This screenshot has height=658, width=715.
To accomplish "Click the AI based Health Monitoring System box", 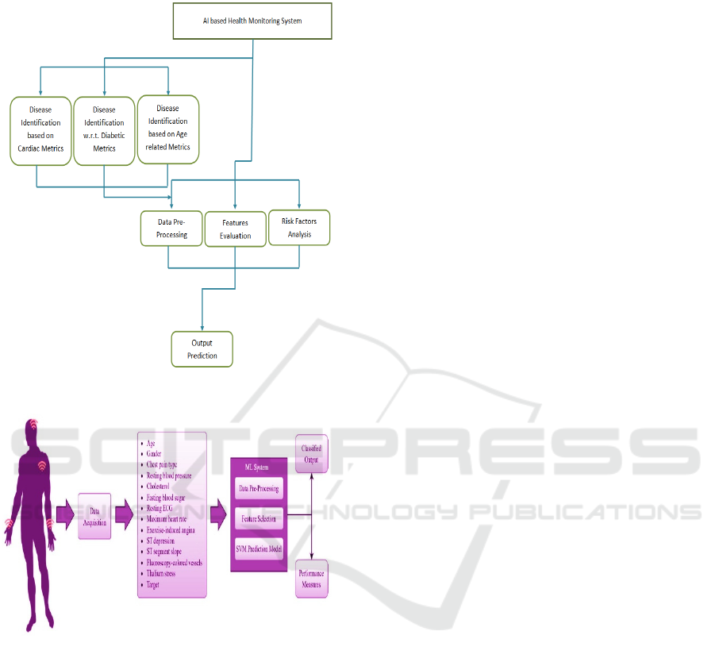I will point(252,21).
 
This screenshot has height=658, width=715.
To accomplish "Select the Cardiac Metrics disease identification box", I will point(40,130).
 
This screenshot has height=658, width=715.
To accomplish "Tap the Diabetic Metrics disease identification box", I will point(104,129).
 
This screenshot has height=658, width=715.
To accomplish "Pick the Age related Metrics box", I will point(168,129).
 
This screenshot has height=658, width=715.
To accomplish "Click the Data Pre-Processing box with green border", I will point(172,229).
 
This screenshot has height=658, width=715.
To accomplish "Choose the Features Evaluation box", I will point(235,229).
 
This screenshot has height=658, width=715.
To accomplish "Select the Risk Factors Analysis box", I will point(299,228).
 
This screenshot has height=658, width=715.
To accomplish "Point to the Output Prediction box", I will point(202,349).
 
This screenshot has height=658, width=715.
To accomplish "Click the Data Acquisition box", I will point(94,517).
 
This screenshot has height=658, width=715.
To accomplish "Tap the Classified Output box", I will point(311,453).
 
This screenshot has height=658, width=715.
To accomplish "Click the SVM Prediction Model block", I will point(259,548).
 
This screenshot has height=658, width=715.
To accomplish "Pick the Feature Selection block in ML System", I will point(259,518).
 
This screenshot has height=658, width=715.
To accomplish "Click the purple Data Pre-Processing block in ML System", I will point(259,488).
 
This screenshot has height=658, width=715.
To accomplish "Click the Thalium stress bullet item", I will point(162,572).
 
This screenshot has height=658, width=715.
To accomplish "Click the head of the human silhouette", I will point(33,431).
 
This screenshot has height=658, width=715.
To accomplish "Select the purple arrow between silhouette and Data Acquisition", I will point(65,518).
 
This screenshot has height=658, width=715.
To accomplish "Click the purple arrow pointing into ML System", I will point(217,517).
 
